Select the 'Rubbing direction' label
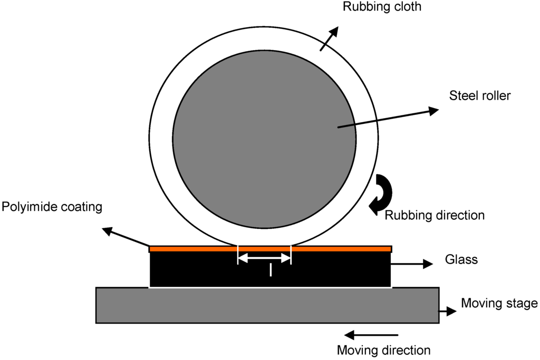434,215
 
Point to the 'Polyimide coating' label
51,207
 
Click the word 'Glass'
461,259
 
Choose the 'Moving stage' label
499,303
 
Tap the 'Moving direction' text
383,349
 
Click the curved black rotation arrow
382,194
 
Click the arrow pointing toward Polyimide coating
127,237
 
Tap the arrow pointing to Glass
412,265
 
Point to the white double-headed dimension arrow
264,258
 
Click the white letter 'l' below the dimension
271,270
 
